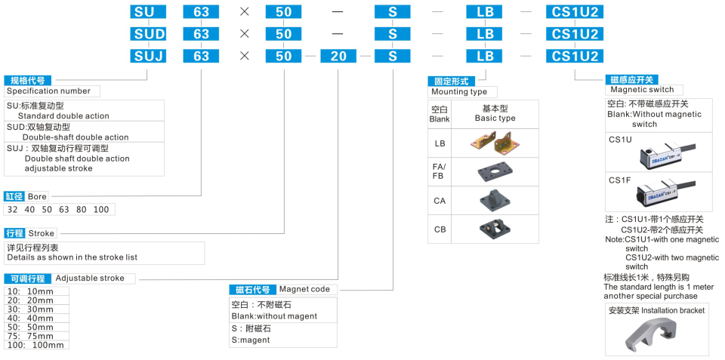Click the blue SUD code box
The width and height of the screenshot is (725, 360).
pos(148,34)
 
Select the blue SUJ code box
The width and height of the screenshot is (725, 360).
pos(148,56)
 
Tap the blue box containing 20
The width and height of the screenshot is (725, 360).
pos(338,56)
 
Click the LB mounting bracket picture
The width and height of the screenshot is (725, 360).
pos(495,143)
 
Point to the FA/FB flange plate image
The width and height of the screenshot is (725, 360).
pos(495,172)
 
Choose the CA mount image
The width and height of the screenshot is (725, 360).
pos(495,201)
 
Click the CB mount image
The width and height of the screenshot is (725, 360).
pos(495,229)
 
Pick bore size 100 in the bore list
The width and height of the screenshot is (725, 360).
pos(100,209)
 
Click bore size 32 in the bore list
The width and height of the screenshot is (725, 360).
pos(12,209)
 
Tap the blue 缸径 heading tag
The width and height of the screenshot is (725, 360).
pos(14,196)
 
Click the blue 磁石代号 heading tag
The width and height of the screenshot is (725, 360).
pos(252,290)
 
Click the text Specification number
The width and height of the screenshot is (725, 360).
pos(48,91)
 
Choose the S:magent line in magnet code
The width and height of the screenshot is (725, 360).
pos(251,340)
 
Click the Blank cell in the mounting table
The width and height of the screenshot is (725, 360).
pos(440,114)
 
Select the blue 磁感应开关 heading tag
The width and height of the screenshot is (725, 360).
pos(631,79)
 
